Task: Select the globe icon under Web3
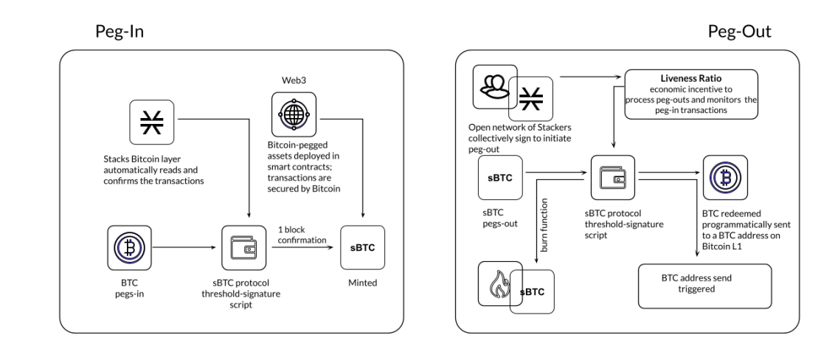[294, 113]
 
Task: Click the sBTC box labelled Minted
[361, 247]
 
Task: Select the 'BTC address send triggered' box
[704, 286]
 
